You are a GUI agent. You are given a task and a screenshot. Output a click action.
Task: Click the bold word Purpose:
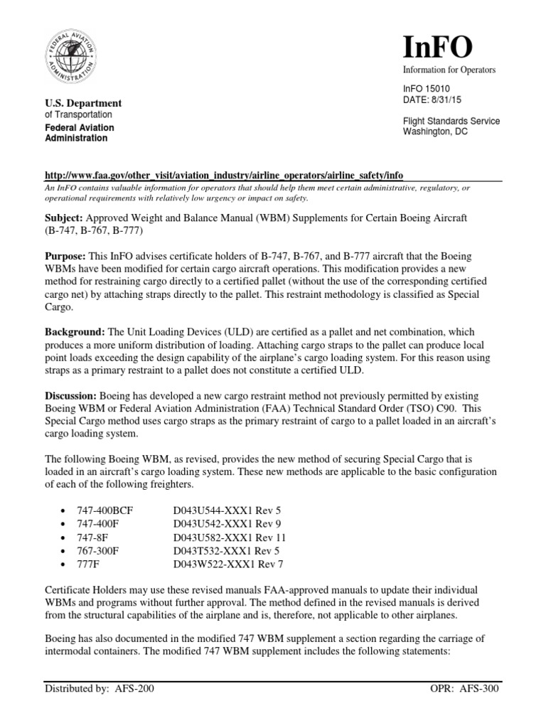pyautogui.click(x=67, y=255)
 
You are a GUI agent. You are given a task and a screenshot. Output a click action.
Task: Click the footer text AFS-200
pyautogui.click(x=133, y=709)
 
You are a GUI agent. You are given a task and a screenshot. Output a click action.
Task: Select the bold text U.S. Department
pyautogui.click(x=83, y=103)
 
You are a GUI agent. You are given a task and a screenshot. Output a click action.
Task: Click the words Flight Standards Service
pyautogui.click(x=451, y=121)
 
